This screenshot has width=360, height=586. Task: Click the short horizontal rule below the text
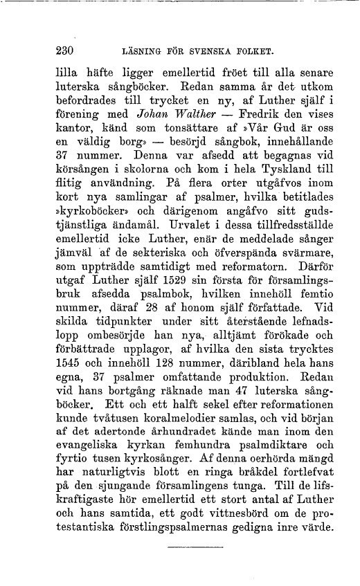pos(188,548)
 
